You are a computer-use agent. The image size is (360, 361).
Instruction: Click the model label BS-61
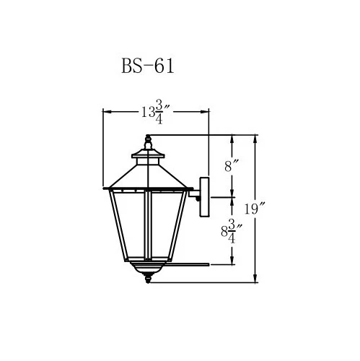[146, 67]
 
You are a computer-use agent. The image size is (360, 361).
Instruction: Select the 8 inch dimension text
[231, 165]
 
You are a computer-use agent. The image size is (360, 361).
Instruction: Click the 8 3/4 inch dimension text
[230, 232]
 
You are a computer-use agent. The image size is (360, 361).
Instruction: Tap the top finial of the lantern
[149, 140]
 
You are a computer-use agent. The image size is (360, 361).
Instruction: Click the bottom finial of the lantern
[149, 280]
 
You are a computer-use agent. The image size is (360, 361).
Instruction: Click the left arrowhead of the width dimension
[107, 112]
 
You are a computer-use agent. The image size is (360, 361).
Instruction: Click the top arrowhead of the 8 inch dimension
[232, 138]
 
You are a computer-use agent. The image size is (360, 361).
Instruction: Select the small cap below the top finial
[149, 154]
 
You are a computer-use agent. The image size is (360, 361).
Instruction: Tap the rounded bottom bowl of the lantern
[149, 269]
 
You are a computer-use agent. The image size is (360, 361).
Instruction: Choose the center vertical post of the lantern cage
[147, 224]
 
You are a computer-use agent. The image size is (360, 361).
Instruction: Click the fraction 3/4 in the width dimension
[169, 112]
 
